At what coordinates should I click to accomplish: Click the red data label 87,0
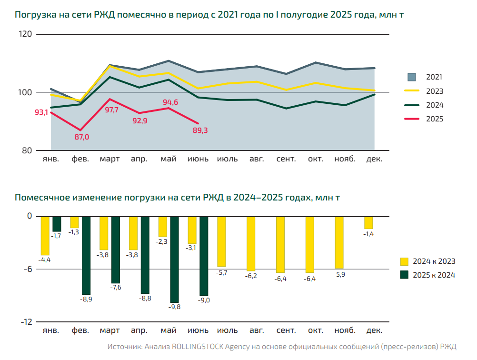[x=81, y=137]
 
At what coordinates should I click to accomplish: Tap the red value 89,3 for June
[x=199, y=130]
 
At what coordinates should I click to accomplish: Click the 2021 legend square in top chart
[x=412, y=77]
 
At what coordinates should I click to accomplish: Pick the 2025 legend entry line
[x=411, y=119]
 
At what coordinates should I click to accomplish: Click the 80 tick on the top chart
[x=28, y=150]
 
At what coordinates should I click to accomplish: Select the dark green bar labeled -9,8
[x=174, y=259]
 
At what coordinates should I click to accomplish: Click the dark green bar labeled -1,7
[x=57, y=224]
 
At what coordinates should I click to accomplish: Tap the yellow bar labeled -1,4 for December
[x=368, y=222]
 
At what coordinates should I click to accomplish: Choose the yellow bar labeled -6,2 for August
[x=251, y=243]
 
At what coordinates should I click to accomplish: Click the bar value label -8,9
[x=86, y=299]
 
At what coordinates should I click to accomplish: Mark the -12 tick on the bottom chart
[x=26, y=322]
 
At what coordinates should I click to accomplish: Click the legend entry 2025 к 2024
[x=434, y=275]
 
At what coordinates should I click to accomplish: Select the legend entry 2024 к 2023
[x=434, y=261]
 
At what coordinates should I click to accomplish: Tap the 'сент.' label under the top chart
[x=286, y=159]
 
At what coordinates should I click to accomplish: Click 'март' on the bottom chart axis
[x=110, y=330]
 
